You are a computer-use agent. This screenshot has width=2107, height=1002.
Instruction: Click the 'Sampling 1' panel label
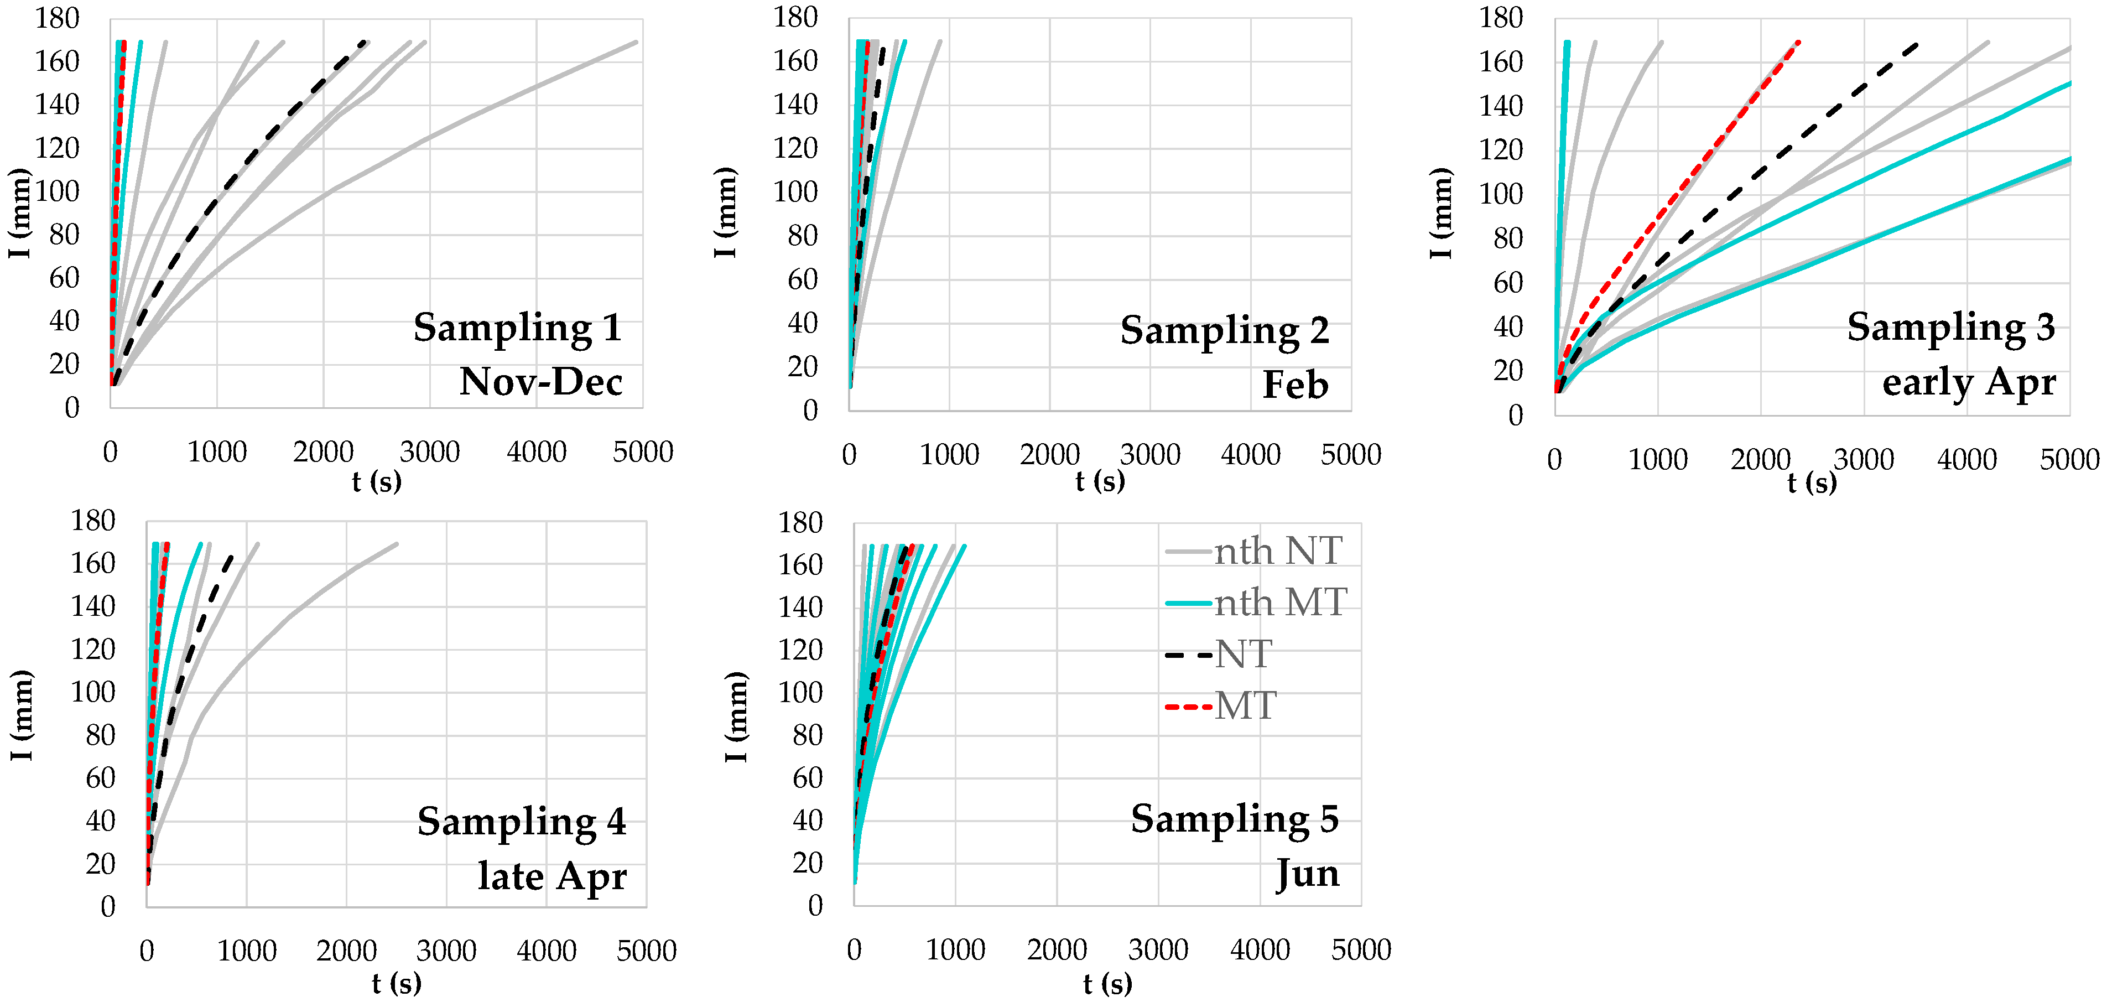click(x=517, y=328)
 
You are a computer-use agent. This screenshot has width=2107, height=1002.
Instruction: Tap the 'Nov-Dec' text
click(x=540, y=382)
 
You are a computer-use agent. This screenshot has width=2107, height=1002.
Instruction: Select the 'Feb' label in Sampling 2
click(x=1295, y=385)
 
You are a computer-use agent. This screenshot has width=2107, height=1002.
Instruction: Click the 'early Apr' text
click(x=1968, y=382)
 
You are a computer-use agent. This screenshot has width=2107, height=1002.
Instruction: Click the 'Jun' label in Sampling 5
click(x=1307, y=874)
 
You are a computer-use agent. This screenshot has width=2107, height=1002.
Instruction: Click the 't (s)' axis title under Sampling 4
click(x=397, y=983)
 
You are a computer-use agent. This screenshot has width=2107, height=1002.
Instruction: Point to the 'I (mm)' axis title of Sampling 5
click(x=735, y=717)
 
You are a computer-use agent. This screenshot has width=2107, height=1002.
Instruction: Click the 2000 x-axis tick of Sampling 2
click(x=1049, y=455)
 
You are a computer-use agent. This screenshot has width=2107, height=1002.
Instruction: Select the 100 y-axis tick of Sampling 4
click(x=92, y=693)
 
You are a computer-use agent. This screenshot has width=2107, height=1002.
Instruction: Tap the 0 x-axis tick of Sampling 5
click(x=854, y=949)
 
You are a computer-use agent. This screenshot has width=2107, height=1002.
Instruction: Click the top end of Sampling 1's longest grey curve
click(x=636, y=41)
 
